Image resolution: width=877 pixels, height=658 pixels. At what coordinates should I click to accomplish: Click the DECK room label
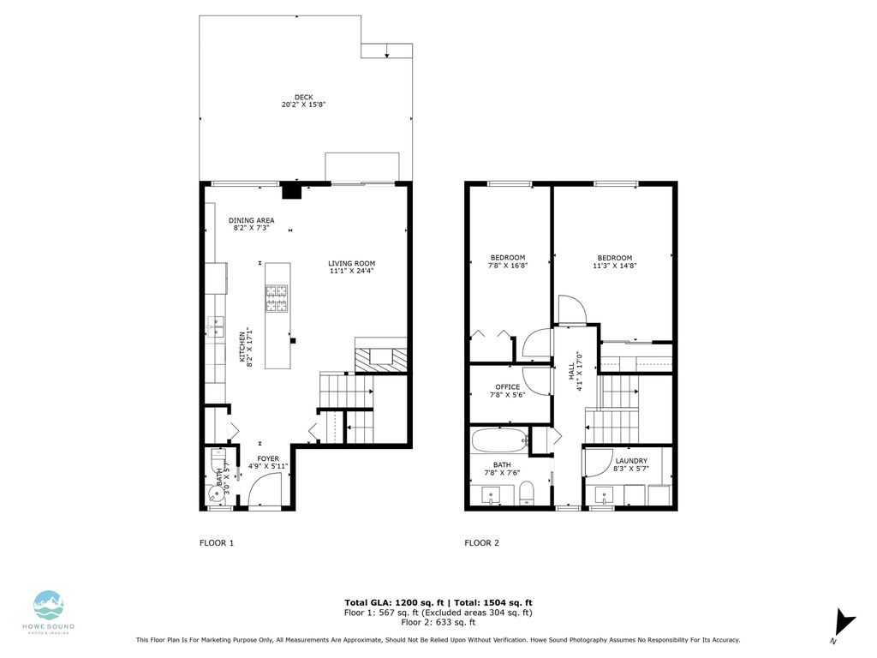(304, 97)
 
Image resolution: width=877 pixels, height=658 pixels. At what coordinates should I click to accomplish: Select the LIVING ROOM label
(351, 263)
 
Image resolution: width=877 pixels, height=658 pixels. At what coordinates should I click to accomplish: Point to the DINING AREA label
(251, 220)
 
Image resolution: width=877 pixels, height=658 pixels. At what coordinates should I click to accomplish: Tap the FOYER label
(268, 459)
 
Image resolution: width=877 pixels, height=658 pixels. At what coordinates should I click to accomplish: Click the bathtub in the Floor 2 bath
(499, 441)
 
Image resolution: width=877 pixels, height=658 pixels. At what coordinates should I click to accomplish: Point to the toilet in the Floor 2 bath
(528, 492)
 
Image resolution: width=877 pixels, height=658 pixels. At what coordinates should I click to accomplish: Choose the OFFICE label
(508, 387)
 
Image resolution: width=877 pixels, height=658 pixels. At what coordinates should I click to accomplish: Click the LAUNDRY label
(631, 461)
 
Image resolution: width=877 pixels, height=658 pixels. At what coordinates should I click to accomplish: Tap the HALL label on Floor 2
(571, 371)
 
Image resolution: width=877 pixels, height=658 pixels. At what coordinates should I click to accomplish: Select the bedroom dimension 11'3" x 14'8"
(615, 266)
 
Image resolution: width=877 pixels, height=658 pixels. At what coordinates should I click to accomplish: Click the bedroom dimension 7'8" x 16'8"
(508, 266)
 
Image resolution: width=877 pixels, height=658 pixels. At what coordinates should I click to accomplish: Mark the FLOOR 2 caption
(481, 543)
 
